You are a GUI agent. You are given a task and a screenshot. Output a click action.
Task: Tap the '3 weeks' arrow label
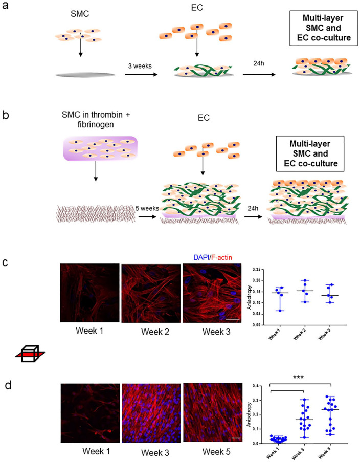coord(140,65)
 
